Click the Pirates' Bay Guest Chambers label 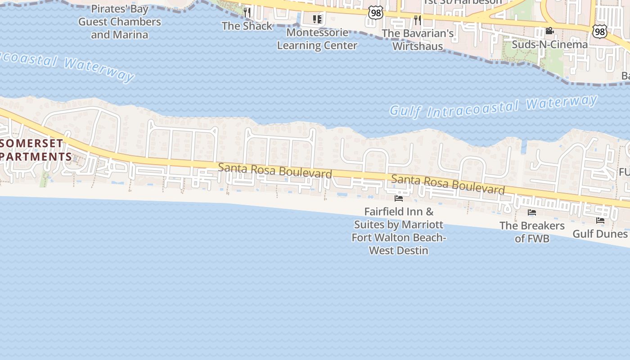coord(119,22)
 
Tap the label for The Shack coord(247,26)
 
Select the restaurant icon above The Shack coord(247,12)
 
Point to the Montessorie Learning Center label coord(317,39)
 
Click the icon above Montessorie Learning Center coord(317,19)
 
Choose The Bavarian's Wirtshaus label coord(418,40)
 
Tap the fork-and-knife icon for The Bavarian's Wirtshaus coord(418,19)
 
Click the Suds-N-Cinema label coord(549,45)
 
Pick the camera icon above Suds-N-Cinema coord(549,31)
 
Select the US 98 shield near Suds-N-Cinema coord(599,31)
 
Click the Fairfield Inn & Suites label coord(399,230)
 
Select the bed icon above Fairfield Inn coord(398,198)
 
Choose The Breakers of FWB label coord(532,232)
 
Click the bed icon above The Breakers coord(532,212)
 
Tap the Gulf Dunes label coord(600,234)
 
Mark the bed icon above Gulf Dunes coord(600,220)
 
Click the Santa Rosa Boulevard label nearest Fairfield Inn coord(448,184)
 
